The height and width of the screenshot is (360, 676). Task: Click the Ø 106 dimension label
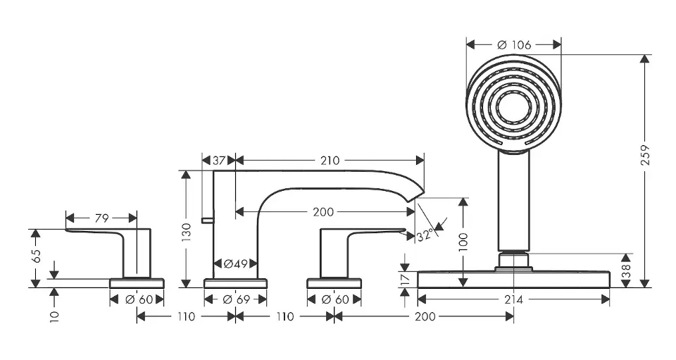click(513, 44)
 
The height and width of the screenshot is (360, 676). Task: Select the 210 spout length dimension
click(329, 161)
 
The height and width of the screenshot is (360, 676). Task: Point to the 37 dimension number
click(219, 161)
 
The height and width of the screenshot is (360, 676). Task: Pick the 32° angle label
click(425, 235)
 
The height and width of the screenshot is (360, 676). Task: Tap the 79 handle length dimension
click(101, 218)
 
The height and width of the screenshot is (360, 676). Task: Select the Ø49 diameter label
click(234, 264)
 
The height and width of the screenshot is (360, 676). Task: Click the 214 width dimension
click(513, 299)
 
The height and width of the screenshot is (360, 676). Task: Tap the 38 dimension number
click(626, 271)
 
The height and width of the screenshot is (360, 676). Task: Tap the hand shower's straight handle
click(513, 201)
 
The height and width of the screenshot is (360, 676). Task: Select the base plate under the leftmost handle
click(137, 283)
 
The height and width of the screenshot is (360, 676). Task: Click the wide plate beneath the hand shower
click(513, 279)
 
